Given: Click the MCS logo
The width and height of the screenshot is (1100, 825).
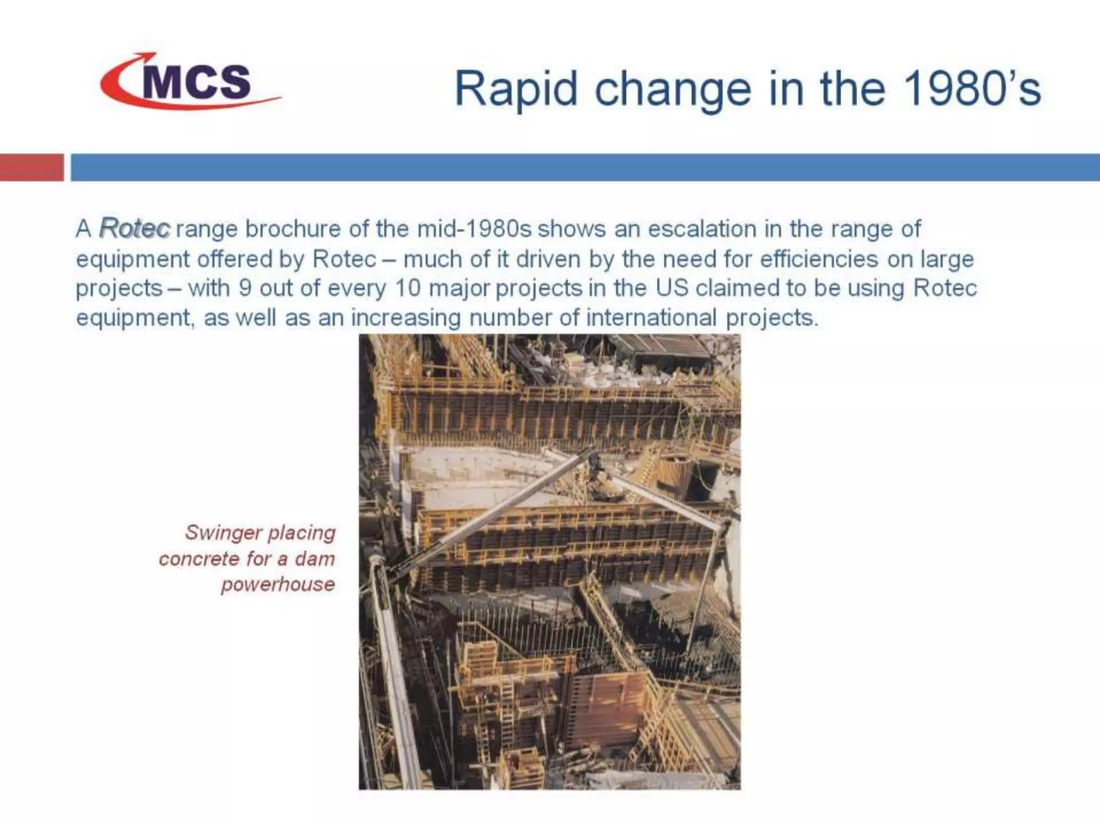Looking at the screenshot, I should [191, 82].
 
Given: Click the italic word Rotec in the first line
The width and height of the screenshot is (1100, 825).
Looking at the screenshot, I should [135, 228].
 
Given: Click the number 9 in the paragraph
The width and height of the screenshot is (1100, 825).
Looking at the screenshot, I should [245, 288].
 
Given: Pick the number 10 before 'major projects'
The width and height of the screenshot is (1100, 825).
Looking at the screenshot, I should [407, 288].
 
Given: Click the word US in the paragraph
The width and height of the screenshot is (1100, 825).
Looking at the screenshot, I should [672, 288].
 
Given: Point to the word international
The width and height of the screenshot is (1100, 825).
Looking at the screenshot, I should [651, 317].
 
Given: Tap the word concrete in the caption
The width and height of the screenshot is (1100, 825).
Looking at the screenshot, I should [199, 559].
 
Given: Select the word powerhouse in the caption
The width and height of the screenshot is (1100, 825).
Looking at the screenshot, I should [278, 584].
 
